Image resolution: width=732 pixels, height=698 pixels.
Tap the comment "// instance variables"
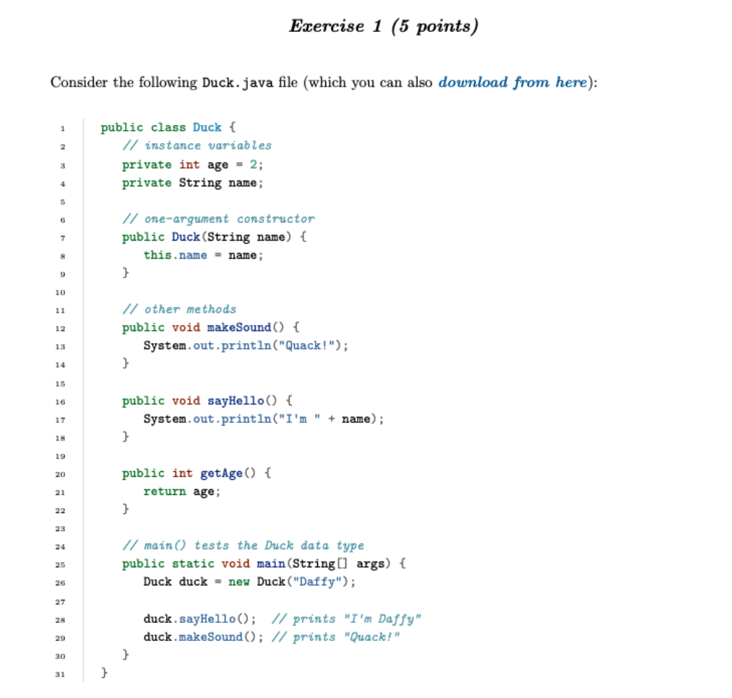point(197,145)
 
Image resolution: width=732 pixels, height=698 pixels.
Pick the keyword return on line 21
point(164,491)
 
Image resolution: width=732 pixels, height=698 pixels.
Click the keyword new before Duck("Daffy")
point(239,582)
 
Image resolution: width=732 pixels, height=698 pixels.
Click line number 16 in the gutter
point(62,400)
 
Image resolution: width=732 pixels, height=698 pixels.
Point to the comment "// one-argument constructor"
point(218,218)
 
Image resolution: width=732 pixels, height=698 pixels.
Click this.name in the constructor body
point(175,254)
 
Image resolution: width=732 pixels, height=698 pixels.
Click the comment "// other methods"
point(179,309)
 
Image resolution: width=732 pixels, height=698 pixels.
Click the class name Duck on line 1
point(207,127)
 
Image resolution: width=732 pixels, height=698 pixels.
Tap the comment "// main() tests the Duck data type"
point(243,546)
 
